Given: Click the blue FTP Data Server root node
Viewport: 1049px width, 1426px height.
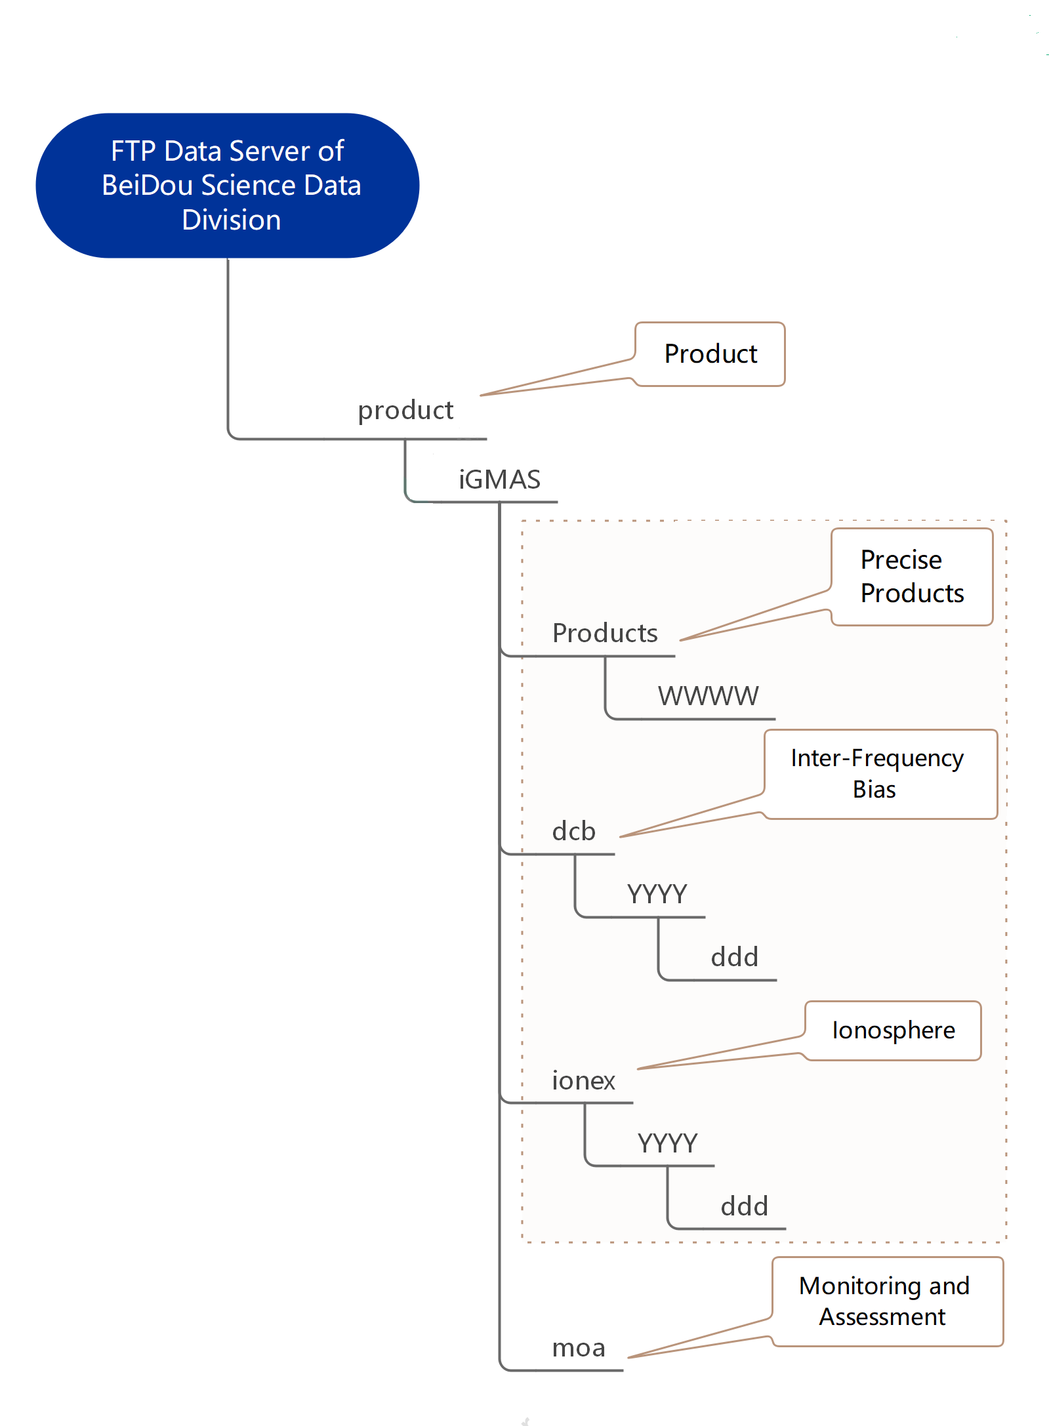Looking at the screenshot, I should tap(227, 186).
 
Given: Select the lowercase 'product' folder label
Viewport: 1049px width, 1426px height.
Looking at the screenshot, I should tap(405, 411).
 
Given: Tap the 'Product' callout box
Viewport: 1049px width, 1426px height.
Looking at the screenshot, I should tap(710, 354).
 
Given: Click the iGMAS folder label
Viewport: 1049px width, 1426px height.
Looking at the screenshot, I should tap(499, 480).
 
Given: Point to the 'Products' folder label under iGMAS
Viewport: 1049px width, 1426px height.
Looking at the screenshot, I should tap(605, 634).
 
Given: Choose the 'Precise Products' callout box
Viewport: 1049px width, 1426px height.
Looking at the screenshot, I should tap(912, 577).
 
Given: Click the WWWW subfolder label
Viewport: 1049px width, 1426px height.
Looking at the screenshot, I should tap(708, 696).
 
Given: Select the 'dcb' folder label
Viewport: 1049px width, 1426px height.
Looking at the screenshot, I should tap(573, 832).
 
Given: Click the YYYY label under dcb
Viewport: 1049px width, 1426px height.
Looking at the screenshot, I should tap(657, 895).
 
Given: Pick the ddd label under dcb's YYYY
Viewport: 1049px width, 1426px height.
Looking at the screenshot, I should tap(734, 958).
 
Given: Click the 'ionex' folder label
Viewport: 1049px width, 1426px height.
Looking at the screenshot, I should tap(583, 1081).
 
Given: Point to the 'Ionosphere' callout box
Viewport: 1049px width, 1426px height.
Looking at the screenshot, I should tap(893, 1030).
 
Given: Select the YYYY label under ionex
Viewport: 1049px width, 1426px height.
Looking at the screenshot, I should tap(667, 1144).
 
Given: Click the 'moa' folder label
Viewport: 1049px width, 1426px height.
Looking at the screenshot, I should tap(578, 1349).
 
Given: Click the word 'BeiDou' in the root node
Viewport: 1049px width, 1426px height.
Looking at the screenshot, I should tap(148, 186).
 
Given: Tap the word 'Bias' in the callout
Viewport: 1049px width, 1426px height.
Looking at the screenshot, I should tap(874, 790).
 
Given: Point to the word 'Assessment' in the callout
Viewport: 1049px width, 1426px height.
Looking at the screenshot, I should tap(882, 1317).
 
